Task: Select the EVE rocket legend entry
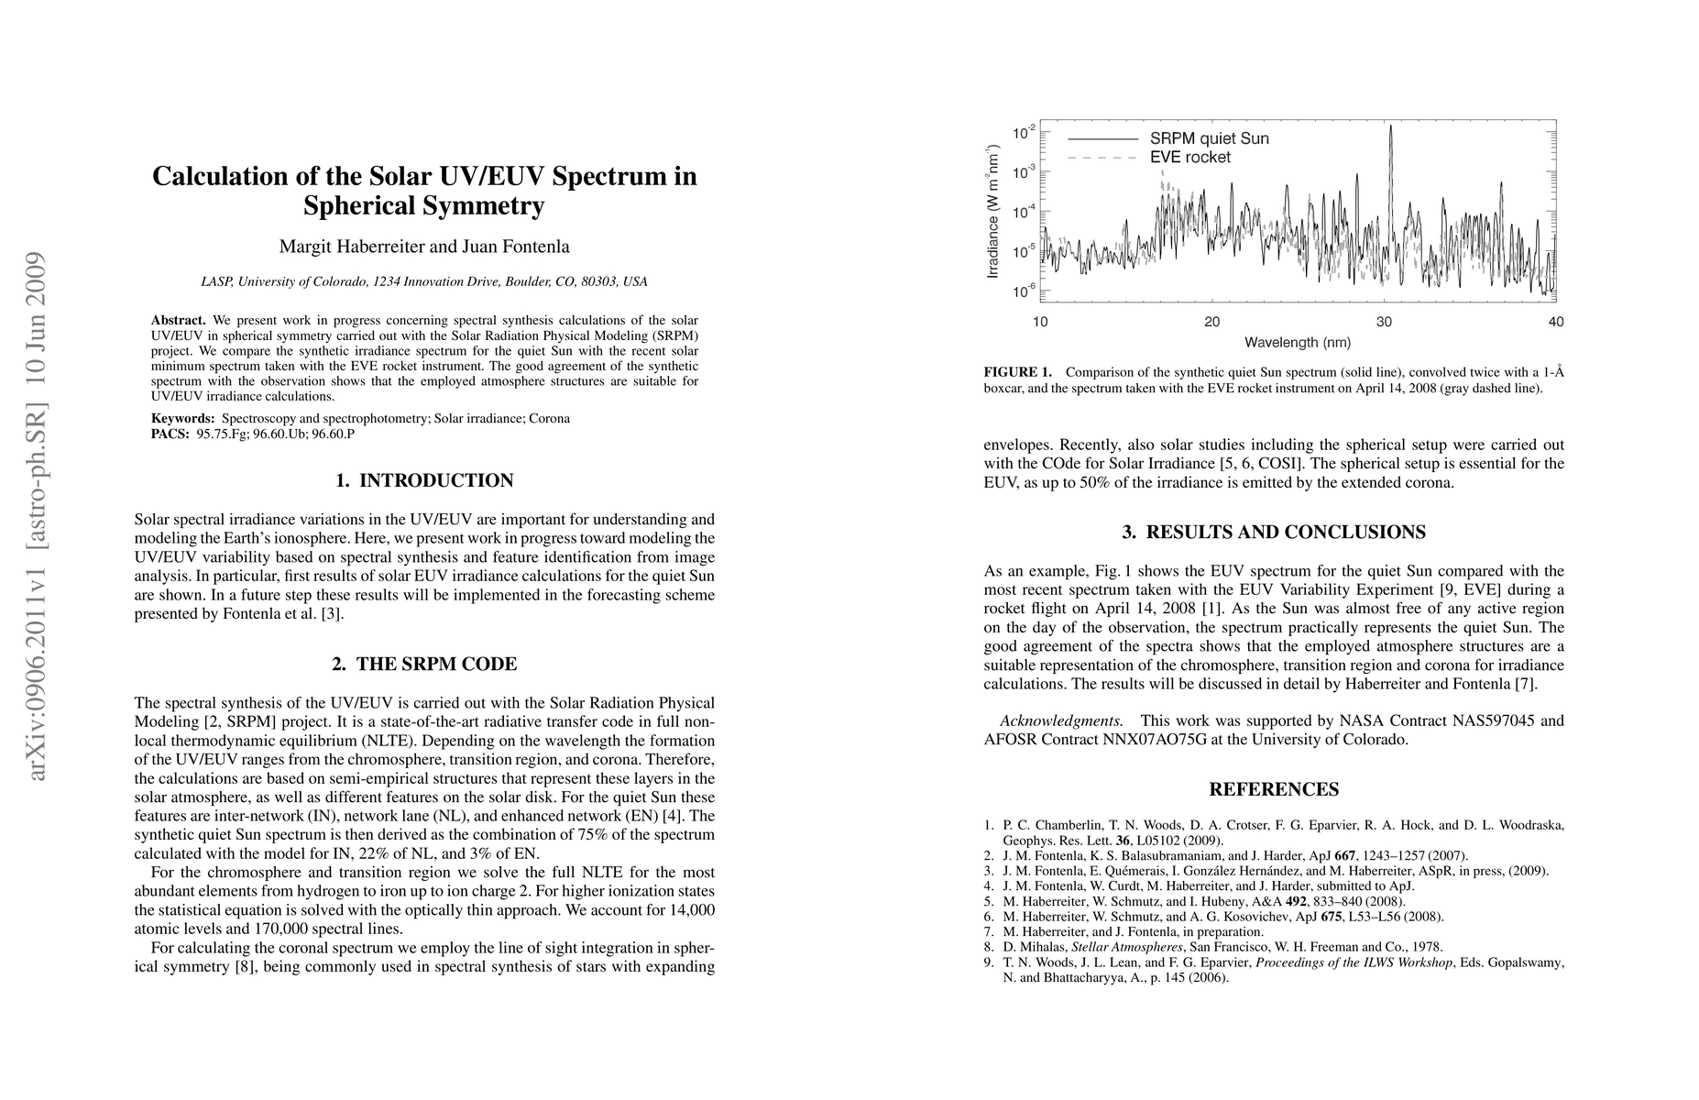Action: (x=1190, y=158)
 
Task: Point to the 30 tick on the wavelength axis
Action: (x=1384, y=322)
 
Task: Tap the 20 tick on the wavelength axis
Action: (x=1211, y=322)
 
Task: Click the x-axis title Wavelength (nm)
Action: (x=1297, y=343)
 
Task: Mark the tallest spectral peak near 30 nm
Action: (x=1391, y=128)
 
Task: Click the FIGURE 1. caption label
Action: (x=1017, y=373)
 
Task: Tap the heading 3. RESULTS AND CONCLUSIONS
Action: (x=1274, y=533)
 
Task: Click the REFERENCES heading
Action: (x=1274, y=790)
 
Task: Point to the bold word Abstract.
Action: (x=178, y=321)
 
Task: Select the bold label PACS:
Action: (x=170, y=434)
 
